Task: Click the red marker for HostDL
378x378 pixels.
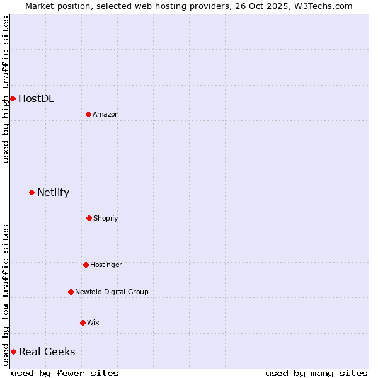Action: click(x=13, y=98)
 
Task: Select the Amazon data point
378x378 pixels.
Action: click(x=88, y=114)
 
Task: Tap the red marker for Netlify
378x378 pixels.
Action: click(x=31, y=192)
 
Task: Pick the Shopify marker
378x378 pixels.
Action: click(x=89, y=218)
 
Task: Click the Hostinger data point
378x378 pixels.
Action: click(x=86, y=265)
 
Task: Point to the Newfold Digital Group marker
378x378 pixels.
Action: click(x=71, y=292)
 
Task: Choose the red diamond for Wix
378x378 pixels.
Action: click(x=83, y=323)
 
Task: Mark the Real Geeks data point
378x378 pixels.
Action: click(x=13, y=352)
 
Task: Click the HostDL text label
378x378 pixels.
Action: click(x=36, y=98)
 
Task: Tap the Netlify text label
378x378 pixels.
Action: click(x=53, y=192)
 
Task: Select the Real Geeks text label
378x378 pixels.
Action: click(x=47, y=352)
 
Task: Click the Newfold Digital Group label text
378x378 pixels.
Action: click(x=112, y=292)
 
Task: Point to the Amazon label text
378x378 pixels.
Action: click(x=106, y=114)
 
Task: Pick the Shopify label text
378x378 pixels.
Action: click(x=106, y=218)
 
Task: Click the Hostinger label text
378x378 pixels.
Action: click(x=106, y=265)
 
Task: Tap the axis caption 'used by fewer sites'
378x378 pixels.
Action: click(x=65, y=373)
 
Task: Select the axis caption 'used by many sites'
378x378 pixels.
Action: click(x=316, y=373)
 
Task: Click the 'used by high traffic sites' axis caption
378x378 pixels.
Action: click(x=6, y=89)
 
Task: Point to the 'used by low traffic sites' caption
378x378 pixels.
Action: click(x=6, y=295)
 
